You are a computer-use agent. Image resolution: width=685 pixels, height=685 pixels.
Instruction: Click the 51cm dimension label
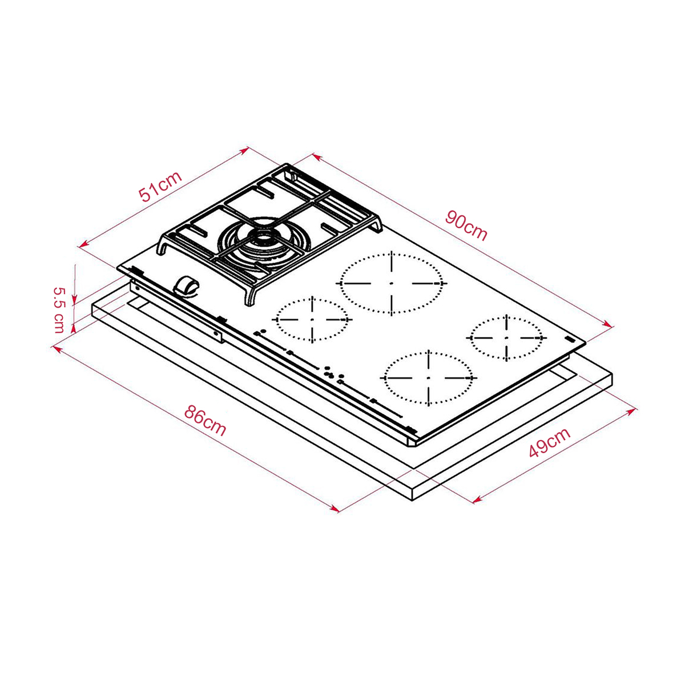click(x=160, y=187)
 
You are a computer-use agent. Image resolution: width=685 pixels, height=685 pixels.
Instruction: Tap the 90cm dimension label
click(x=466, y=225)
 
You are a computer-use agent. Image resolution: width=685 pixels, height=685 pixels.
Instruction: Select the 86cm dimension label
click(x=205, y=421)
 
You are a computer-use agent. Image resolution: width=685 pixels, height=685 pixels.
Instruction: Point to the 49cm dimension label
click(x=550, y=442)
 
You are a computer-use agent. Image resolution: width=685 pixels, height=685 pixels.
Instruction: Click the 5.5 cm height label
click(x=59, y=309)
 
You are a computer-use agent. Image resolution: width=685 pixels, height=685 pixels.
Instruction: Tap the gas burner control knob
click(x=187, y=285)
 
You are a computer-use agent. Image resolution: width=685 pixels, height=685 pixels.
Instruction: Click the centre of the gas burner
click(x=263, y=239)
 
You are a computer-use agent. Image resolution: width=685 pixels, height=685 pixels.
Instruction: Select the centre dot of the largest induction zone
click(x=392, y=283)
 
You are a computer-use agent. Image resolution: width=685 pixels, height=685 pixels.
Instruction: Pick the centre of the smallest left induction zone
click(x=312, y=319)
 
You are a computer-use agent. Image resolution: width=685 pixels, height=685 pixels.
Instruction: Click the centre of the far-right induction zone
click(x=506, y=337)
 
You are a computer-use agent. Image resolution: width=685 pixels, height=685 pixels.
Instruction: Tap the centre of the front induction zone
click(x=429, y=378)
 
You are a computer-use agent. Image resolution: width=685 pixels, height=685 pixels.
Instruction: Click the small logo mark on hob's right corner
click(x=569, y=339)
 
